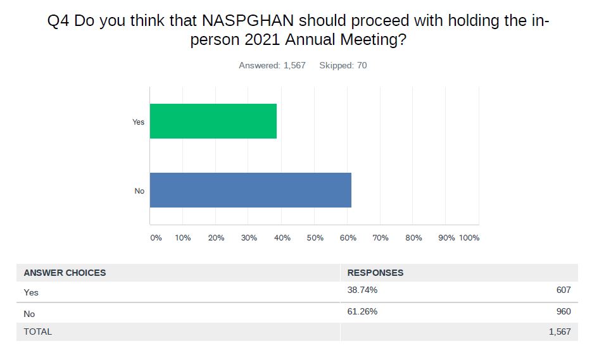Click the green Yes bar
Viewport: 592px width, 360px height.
[x=213, y=121]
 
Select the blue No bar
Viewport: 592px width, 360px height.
[x=250, y=190]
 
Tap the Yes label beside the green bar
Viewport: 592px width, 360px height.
[x=139, y=121]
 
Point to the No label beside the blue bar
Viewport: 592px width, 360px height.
[x=139, y=190]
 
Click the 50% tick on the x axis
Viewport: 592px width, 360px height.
[x=315, y=238]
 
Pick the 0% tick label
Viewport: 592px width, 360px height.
[x=156, y=238]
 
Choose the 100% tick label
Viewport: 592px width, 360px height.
[x=469, y=238]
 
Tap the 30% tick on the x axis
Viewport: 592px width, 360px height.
[x=249, y=238]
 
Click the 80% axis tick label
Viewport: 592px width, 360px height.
[x=414, y=238]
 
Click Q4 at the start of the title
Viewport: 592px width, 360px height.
[x=59, y=20]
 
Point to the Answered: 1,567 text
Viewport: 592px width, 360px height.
[x=272, y=65]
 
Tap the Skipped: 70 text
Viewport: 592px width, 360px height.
[x=343, y=65]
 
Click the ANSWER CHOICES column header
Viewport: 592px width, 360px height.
[x=65, y=273]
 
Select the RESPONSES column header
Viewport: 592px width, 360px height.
[x=375, y=273]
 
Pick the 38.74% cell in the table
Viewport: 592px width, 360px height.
[x=362, y=290]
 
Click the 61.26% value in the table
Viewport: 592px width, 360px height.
[x=362, y=311]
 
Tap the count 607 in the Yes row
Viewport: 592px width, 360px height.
[x=564, y=290]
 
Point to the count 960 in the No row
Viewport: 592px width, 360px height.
[x=564, y=311]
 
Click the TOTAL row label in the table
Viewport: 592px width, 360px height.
[x=38, y=332]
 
